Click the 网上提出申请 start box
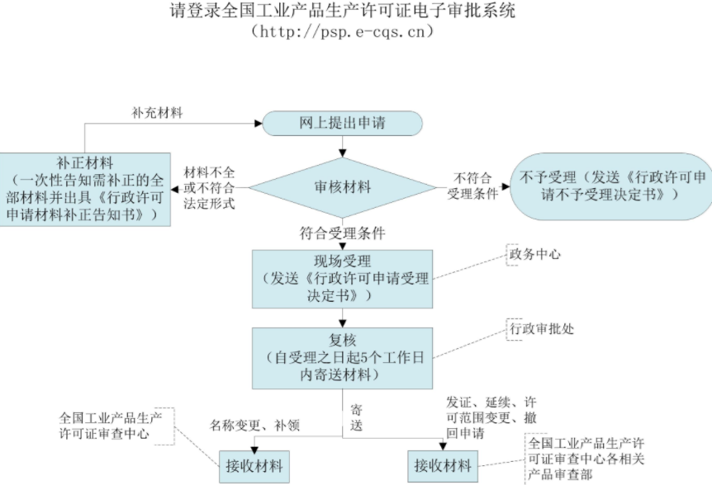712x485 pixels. click(x=343, y=124)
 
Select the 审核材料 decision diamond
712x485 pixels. click(x=343, y=187)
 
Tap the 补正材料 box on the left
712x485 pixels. click(x=86, y=188)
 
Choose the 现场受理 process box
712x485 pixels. click(x=343, y=277)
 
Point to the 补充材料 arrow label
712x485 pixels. click(x=157, y=111)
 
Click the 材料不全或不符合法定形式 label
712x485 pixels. click(x=210, y=188)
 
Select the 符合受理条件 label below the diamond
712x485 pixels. click(x=343, y=233)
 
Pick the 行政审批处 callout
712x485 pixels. click(x=540, y=328)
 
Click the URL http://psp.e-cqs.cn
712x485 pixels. click(x=342, y=32)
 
